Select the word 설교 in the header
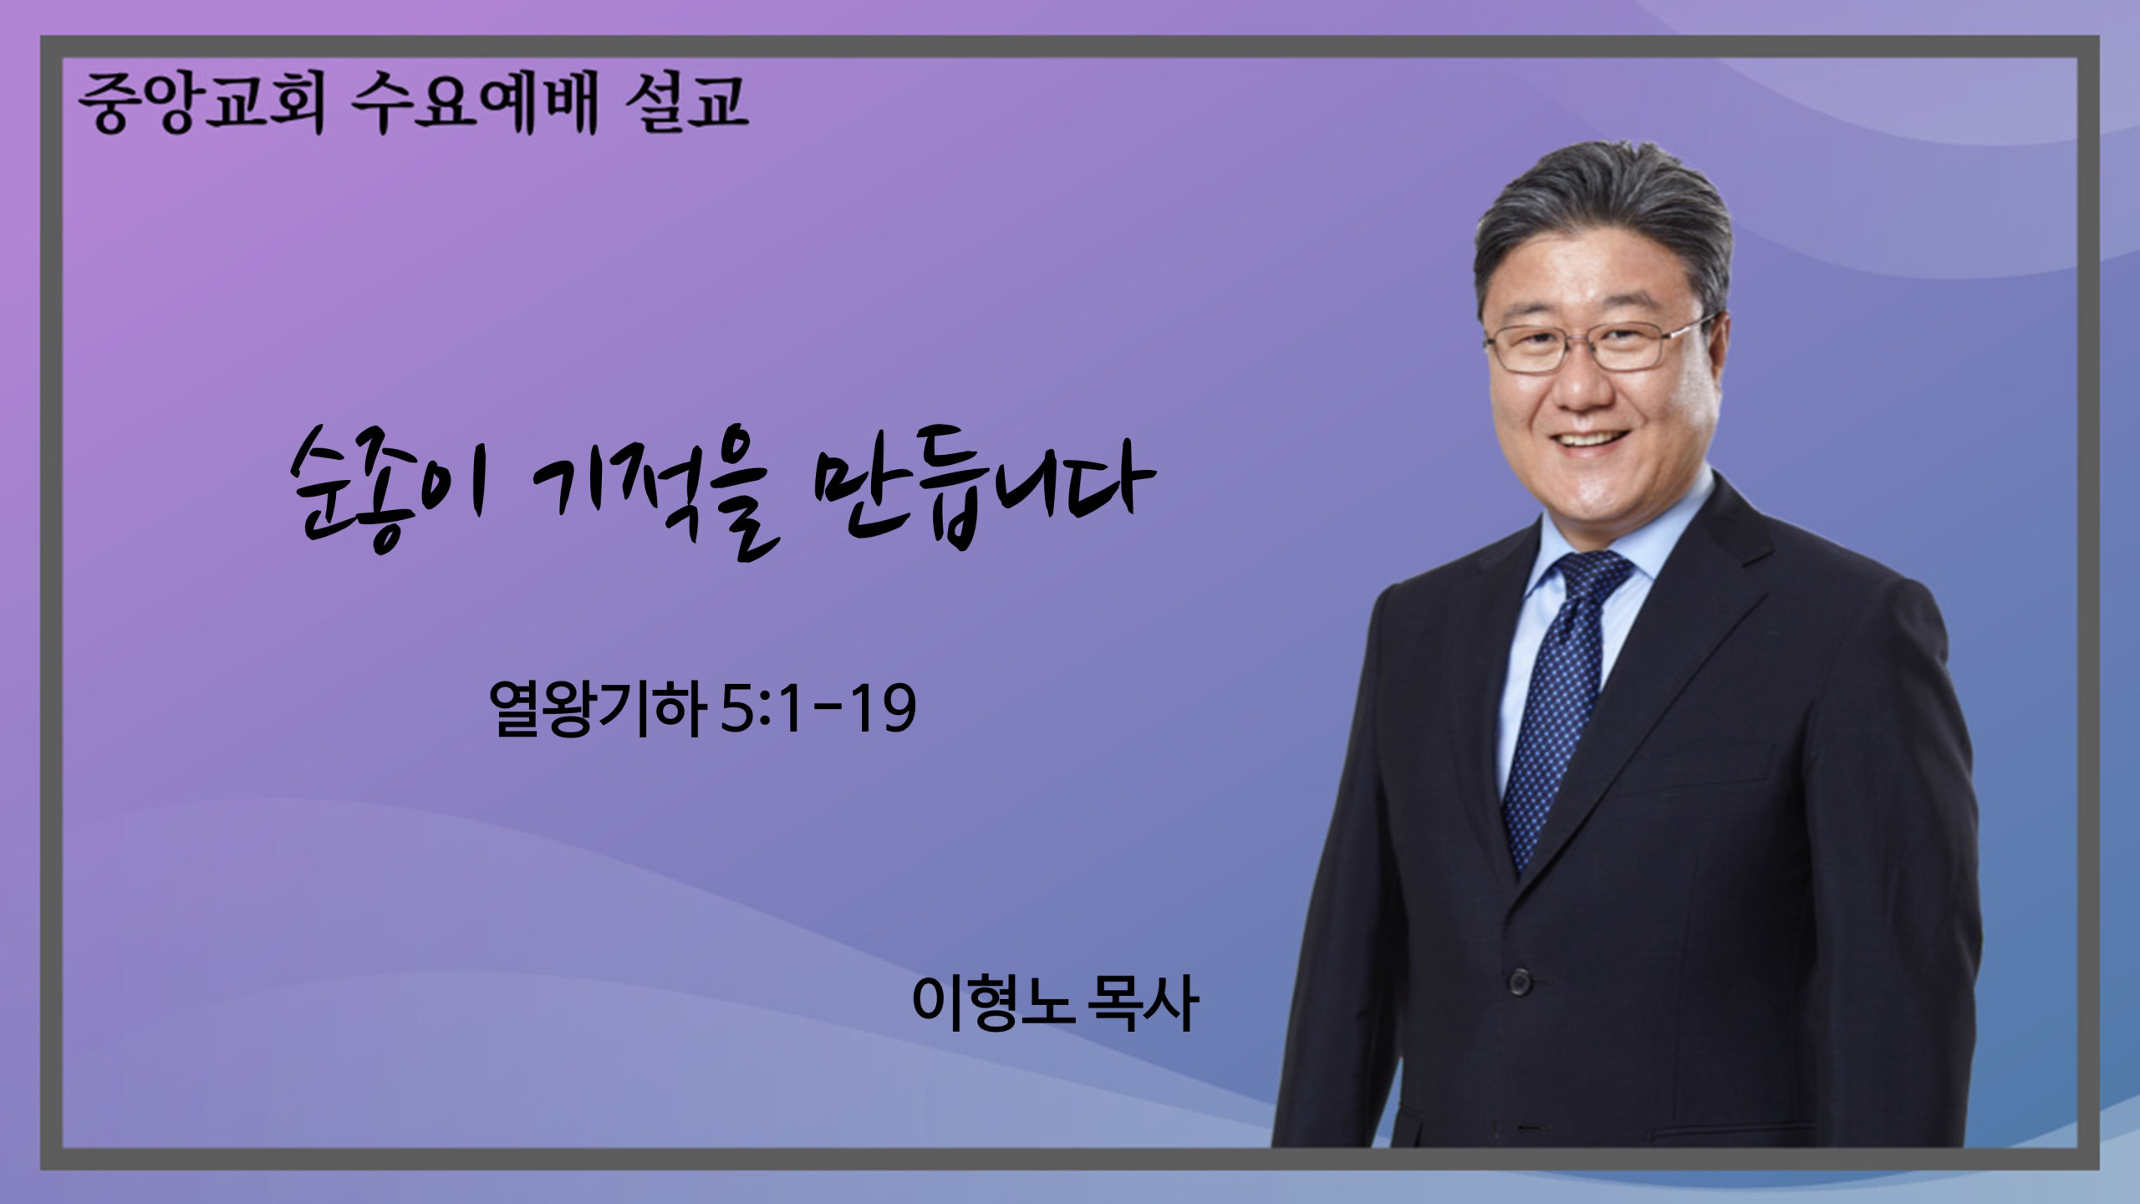(685, 105)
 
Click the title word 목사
(1142, 1002)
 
